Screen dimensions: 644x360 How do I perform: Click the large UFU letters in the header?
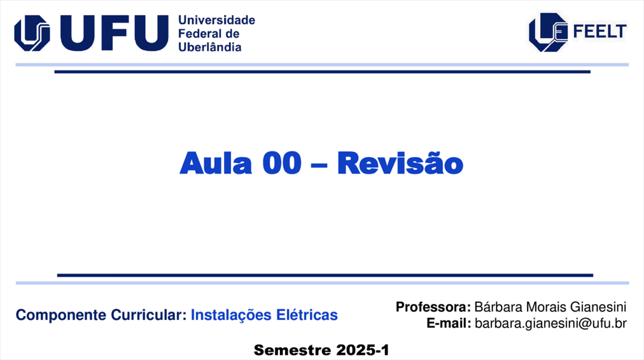[114, 33]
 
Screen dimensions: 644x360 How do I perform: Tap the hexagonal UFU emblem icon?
[32, 33]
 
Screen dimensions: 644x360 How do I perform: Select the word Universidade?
[216, 20]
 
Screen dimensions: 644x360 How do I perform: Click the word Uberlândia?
[210, 47]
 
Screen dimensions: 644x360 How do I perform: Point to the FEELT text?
[599, 31]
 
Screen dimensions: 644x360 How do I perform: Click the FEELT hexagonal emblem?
[549, 32]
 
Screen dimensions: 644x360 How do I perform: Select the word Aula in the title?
[216, 163]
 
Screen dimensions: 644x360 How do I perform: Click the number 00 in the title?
[282, 163]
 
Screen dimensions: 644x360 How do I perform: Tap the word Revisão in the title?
[400, 163]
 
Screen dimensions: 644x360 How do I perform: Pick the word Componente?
[61, 315]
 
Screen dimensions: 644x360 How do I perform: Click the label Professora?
[433, 307]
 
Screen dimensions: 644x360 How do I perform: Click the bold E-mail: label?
[449, 323]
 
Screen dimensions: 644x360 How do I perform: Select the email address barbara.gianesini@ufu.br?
[550, 324]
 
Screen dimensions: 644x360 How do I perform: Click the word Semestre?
[293, 350]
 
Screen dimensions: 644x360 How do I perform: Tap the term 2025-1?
[362, 350]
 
